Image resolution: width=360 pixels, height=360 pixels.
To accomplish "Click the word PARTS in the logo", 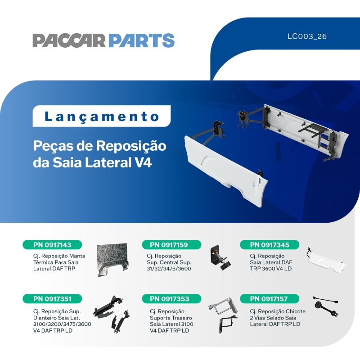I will coord(141,40).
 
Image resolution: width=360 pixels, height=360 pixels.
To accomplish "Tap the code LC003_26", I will coord(307,36).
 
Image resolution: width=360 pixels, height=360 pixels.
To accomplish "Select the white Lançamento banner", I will coord(102,116).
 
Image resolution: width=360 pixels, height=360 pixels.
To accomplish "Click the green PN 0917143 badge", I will coord(53,245).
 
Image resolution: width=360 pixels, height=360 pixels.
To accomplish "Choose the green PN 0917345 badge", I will coord(270,245).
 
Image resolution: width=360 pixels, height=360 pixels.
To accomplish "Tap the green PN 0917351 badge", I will coord(53,298).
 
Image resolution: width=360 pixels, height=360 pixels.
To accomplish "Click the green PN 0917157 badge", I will coord(270,298).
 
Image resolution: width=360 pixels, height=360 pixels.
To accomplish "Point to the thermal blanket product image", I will coord(112,260).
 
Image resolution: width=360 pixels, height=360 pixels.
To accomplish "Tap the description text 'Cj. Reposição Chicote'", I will coord(278,311).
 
